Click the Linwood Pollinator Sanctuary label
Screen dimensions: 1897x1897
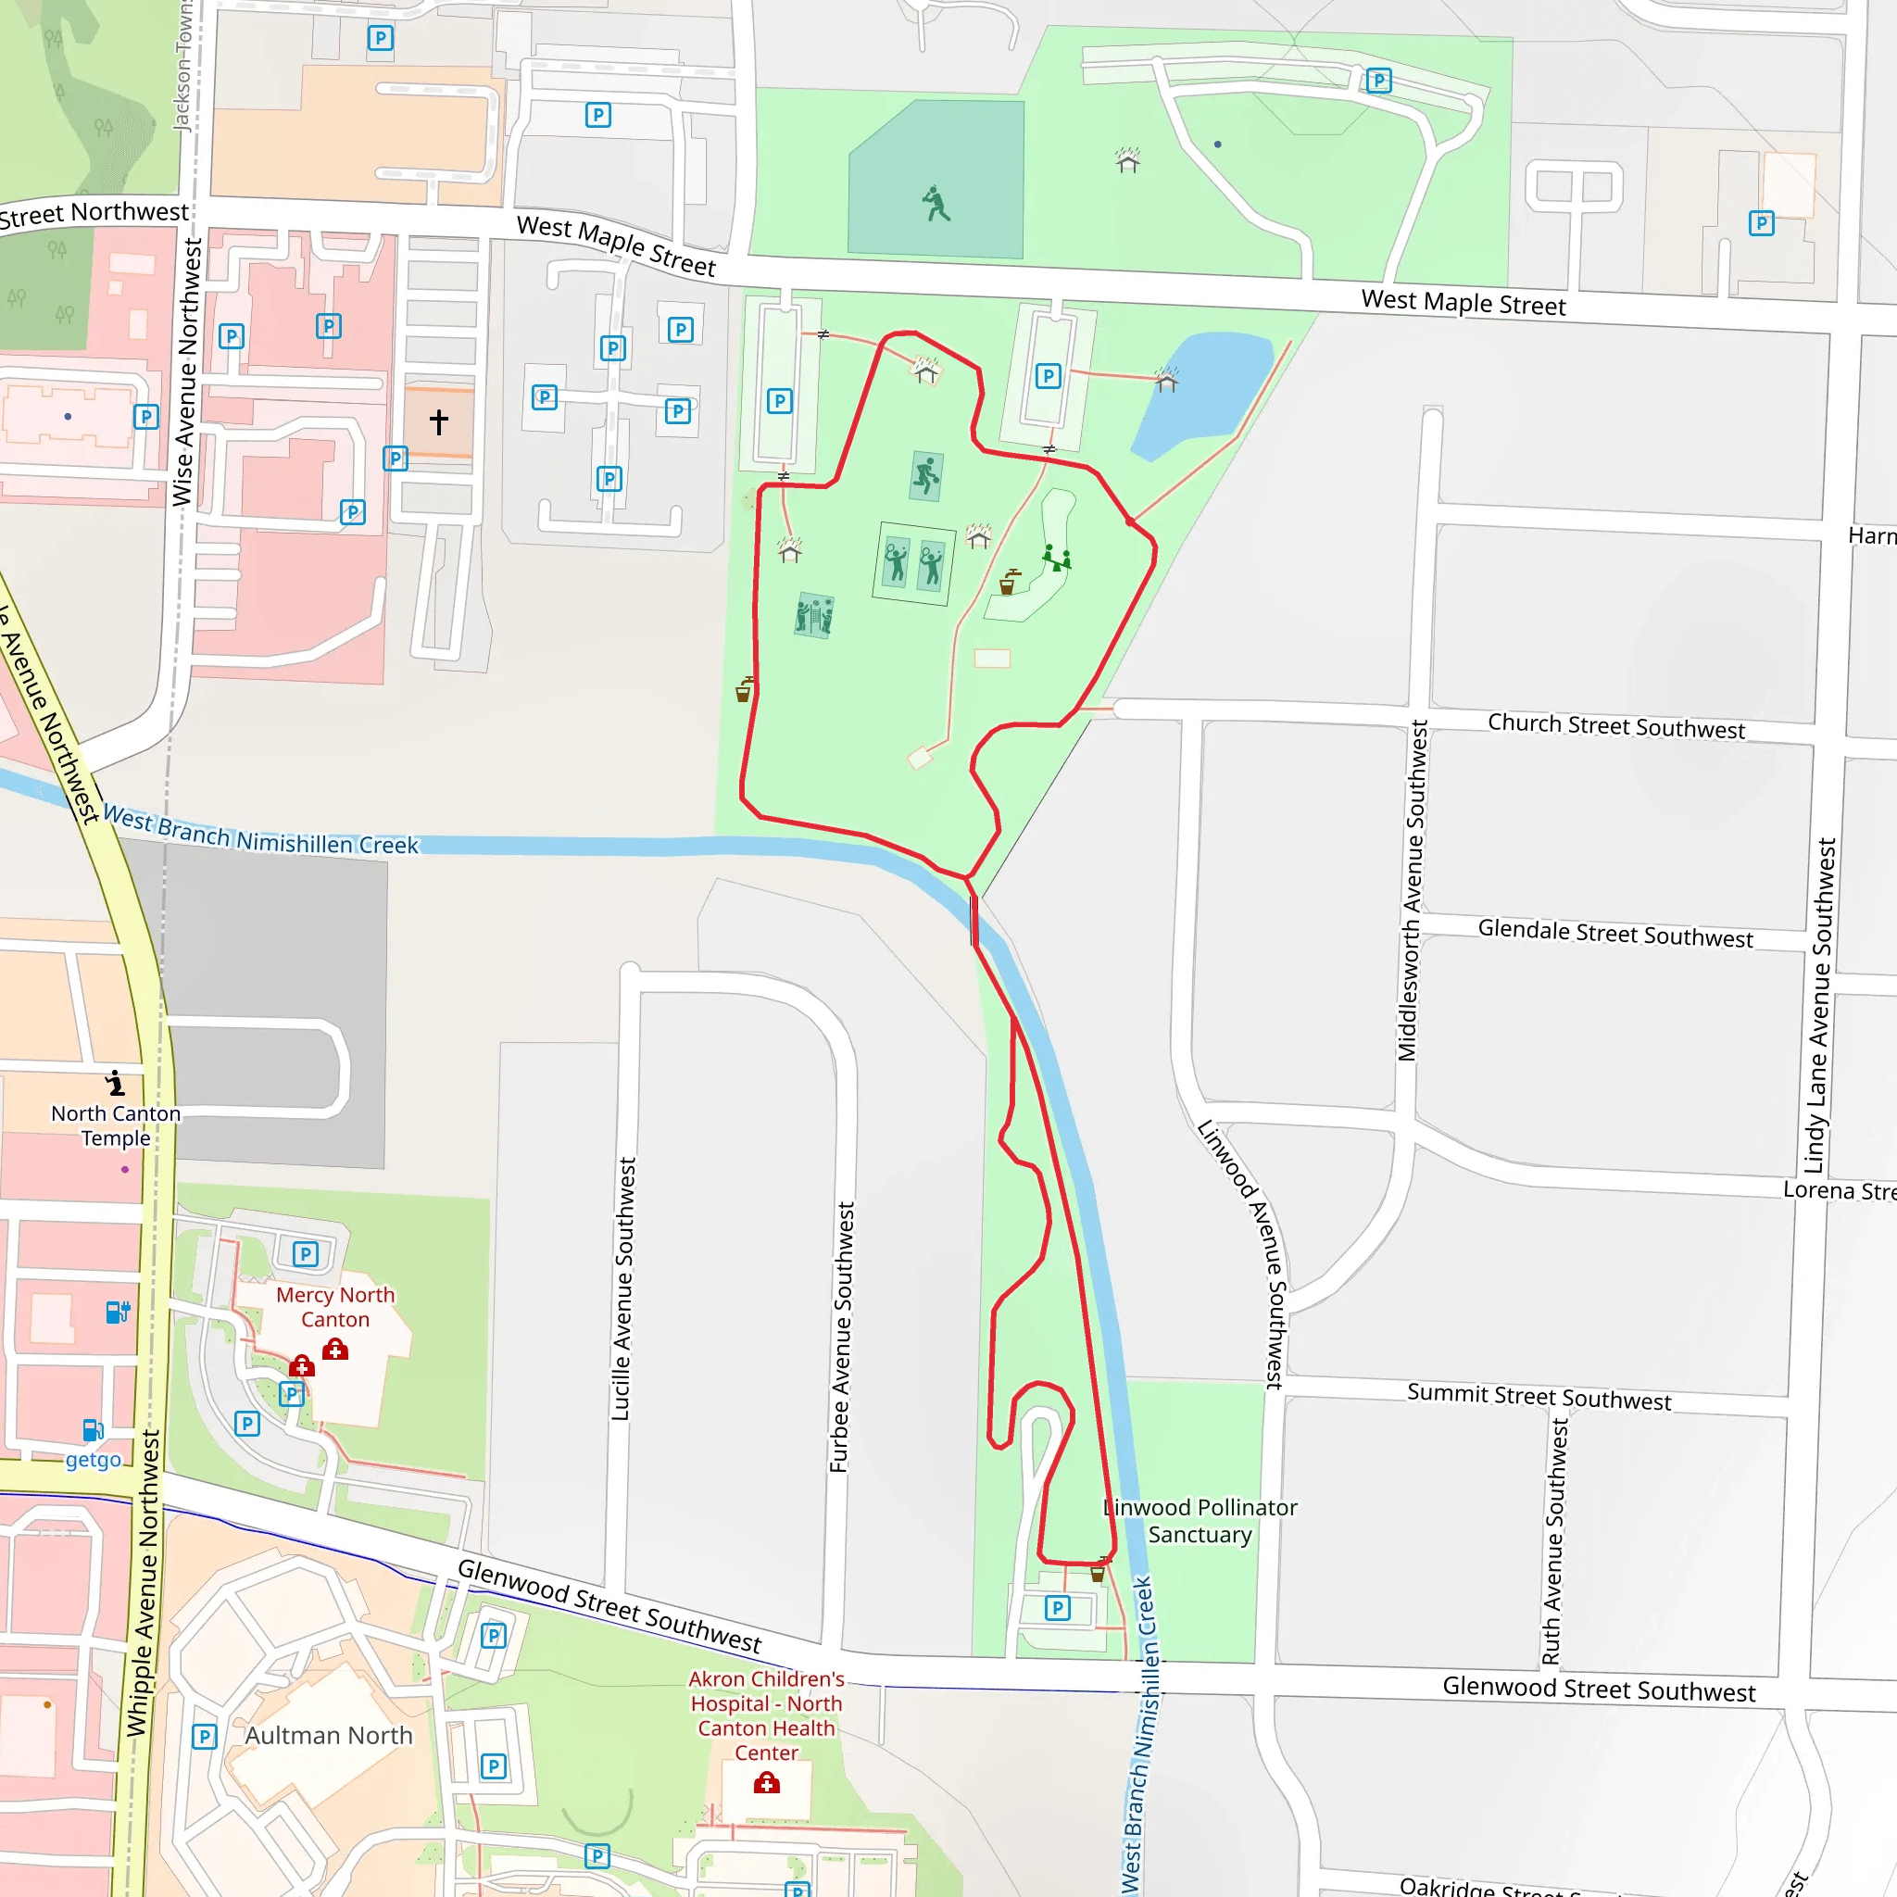coord(1200,1521)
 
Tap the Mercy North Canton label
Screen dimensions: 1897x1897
coord(334,1307)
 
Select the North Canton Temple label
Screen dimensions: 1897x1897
coord(116,1125)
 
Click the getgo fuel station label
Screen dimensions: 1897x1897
coord(94,1459)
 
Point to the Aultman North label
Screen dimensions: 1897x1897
coord(328,1735)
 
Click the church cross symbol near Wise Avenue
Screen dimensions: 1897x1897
coord(439,422)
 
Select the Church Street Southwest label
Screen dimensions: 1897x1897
coord(1615,725)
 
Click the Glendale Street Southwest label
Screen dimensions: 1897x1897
coord(1614,933)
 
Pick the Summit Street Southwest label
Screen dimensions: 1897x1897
coord(1538,1396)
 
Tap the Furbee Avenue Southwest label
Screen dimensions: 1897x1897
coord(841,1338)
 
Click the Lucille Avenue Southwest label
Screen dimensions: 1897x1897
coord(622,1288)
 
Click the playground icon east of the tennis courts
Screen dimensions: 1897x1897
coord(1057,559)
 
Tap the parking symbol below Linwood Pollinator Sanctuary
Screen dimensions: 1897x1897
coord(1057,1607)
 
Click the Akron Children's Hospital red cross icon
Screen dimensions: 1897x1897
coord(767,1783)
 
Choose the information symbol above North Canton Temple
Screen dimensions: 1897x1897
coord(116,1083)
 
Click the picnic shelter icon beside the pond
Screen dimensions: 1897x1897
coord(1165,379)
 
